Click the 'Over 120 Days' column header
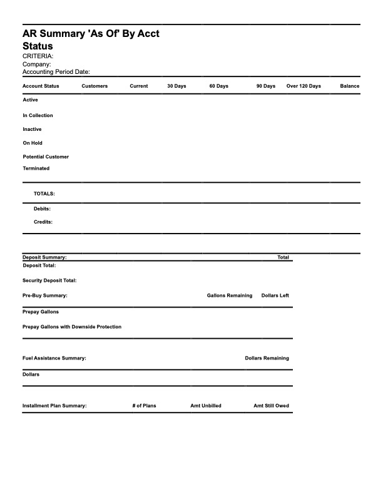point(304,86)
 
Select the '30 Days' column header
point(176,86)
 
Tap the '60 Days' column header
point(218,86)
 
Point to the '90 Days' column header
point(265,86)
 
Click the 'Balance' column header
point(350,86)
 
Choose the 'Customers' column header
point(94,86)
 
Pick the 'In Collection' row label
point(38,115)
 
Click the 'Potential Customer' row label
point(46,157)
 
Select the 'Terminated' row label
point(36,168)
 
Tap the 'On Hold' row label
point(33,143)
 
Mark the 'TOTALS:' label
point(44,194)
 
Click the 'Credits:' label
point(43,222)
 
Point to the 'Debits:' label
point(42,209)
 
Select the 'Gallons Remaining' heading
point(230,296)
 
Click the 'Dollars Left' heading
point(275,296)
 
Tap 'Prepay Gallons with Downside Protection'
point(72,327)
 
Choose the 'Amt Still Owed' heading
point(271,406)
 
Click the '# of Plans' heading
point(145,406)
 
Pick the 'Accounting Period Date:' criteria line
point(56,72)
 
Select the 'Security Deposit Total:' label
point(49,281)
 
